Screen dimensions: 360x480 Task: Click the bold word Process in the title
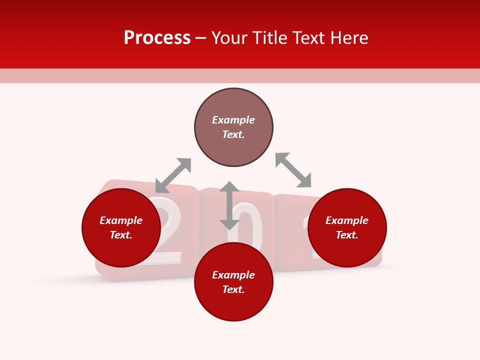pyautogui.click(x=157, y=38)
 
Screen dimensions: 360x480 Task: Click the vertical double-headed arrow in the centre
pyautogui.click(x=229, y=206)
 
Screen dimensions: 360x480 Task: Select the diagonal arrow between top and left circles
pyautogui.click(x=173, y=175)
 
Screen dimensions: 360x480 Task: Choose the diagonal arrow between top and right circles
pyautogui.click(x=293, y=170)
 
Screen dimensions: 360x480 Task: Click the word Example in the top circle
pyautogui.click(x=233, y=120)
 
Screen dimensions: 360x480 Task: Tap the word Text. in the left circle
pyautogui.click(x=121, y=235)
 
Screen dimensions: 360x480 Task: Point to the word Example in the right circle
pyautogui.click(x=347, y=220)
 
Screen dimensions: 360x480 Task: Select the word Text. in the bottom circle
pyautogui.click(x=233, y=289)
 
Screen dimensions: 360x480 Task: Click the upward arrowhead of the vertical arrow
pyautogui.click(x=229, y=187)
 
